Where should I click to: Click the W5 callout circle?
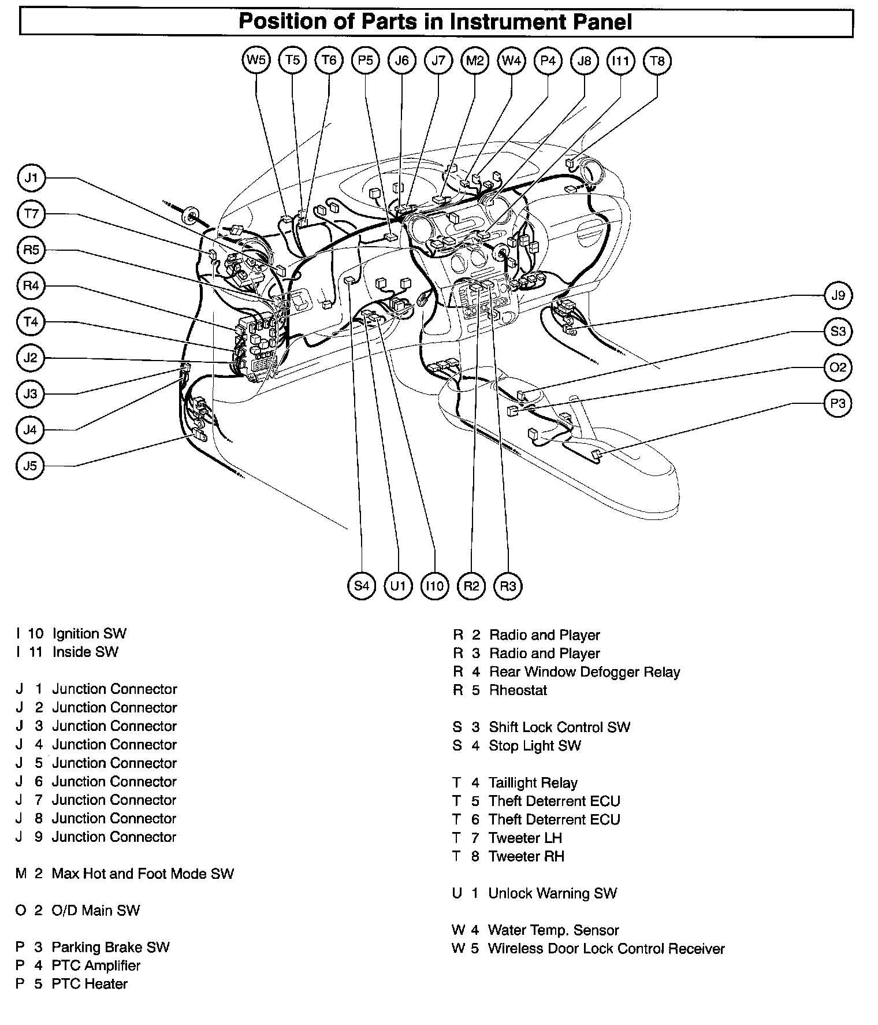tap(256, 61)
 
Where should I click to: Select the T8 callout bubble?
tap(657, 61)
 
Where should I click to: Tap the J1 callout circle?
tap(31, 178)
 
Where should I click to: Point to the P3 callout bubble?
tap(838, 403)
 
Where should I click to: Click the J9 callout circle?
tap(838, 296)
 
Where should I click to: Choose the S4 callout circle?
tap(362, 586)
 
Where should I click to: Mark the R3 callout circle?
tap(508, 586)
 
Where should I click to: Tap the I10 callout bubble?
tap(434, 586)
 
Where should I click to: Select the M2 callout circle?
tap(475, 61)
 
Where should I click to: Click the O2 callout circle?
tap(838, 367)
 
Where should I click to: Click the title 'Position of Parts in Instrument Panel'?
tap(436, 23)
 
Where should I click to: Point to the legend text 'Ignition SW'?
tap(89, 634)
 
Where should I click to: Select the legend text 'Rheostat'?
tap(518, 690)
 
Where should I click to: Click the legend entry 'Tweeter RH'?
tap(526, 856)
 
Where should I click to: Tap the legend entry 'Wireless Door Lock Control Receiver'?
tap(606, 949)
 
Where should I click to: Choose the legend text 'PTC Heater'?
tap(90, 984)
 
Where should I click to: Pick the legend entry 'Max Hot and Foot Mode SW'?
tap(143, 874)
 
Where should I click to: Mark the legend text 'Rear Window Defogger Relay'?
tap(585, 672)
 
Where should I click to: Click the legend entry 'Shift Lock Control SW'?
tap(559, 727)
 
